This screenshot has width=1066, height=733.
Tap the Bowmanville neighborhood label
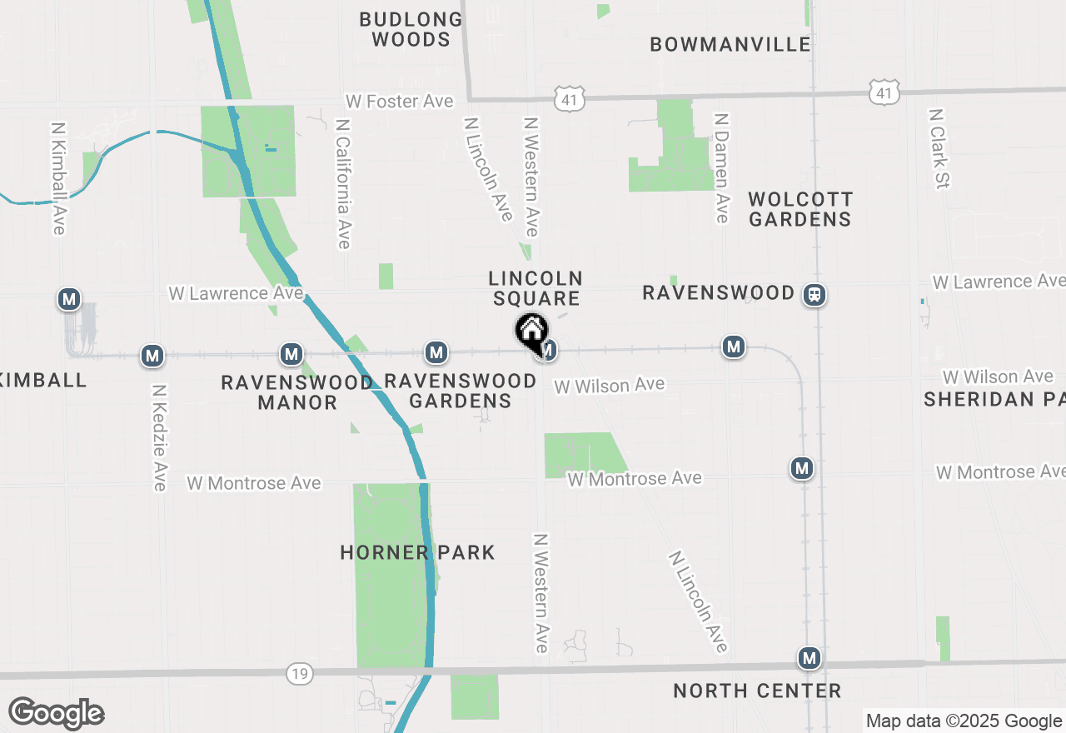click(x=730, y=44)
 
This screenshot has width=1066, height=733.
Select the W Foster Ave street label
click(x=400, y=102)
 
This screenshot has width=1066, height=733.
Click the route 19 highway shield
click(x=299, y=673)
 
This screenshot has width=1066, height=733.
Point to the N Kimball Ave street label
click(x=58, y=179)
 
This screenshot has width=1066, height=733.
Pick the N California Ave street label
click(x=343, y=183)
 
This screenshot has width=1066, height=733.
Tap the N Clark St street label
click(x=939, y=148)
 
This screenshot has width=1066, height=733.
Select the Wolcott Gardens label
click(x=799, y=209)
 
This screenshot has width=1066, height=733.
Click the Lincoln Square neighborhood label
click(x=535, y=288)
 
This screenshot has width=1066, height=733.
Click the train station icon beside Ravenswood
click(x=814, y=294)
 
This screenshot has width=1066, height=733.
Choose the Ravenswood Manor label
click(x=296, y=392)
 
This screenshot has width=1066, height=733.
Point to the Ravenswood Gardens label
click(x=460, y=391)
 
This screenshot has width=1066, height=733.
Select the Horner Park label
click(x=417, y=552)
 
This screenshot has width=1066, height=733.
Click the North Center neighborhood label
click(x=757, y=691)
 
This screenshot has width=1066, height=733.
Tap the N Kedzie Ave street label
click(x=160, y=436)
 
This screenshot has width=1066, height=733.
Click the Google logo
click(x=57, y=714)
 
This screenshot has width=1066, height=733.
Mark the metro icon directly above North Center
click(x=809, y=659)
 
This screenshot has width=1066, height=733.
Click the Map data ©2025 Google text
click(x=964, y=721)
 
